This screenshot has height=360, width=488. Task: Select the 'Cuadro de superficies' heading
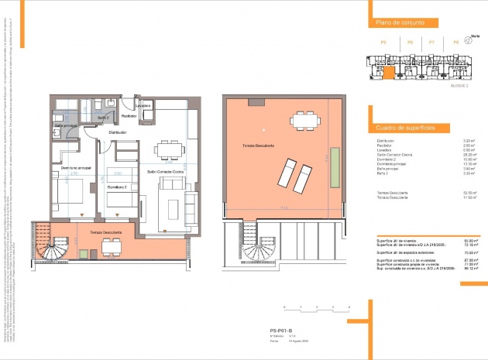pyautogui.click(x=404, y=126)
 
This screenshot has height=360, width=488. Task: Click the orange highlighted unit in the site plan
pyautogui.click(x=388, y=74)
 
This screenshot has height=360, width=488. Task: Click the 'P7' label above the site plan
pyautogui.click(x=431, y=43)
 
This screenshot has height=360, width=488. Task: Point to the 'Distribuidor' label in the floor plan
pyautogui.click(x=117, y=132)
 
